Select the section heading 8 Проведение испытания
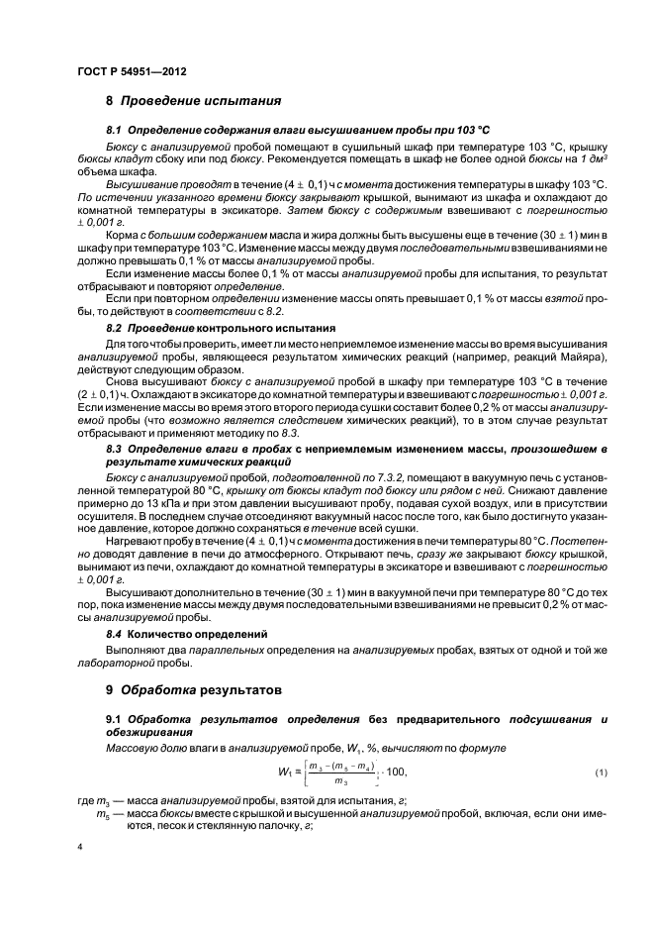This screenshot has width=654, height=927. (x=194, y=100)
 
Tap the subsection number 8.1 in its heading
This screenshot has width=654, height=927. (x=113, y=130)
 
